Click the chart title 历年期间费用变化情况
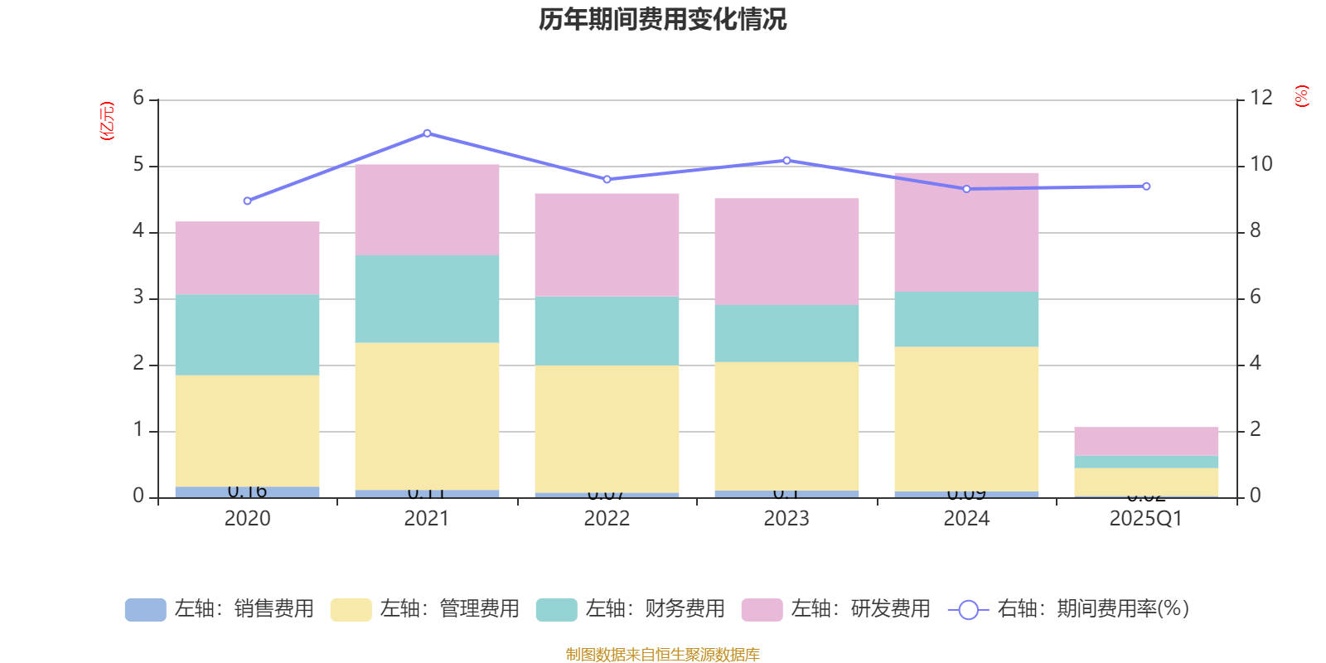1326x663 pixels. coord(662,19)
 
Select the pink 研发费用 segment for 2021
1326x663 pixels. coord(427,210)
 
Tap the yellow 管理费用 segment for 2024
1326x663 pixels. coord(966,419)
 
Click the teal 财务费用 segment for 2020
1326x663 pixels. coord(247,335)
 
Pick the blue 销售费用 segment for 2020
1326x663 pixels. coord(247,491)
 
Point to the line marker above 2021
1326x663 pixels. coord(427,133)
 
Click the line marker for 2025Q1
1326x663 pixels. coord(1146,186)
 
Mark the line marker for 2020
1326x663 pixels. coord(247,201)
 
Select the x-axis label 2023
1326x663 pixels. coord(786,519)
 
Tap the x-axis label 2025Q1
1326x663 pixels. coord(1145,519)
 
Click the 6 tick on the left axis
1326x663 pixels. coord(138,99)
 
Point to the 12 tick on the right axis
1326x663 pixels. coord(1261,98)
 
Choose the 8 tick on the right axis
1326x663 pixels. coord(1256,230)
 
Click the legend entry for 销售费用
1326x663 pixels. coord(220,609)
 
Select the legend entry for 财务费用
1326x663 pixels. coord(632,609)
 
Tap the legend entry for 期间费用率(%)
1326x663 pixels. coord(1069,609)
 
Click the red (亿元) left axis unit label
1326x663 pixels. coord(107,121)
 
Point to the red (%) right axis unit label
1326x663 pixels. coord(1301,96)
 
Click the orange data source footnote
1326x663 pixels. coord(662,655)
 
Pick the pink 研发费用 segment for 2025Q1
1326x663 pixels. coord(1146,441)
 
